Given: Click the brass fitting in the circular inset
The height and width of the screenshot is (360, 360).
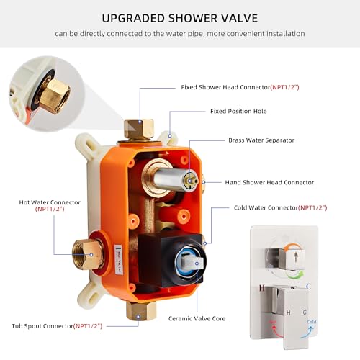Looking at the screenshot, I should (53, 94).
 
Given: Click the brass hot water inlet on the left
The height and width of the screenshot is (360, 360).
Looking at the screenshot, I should (86, 253).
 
